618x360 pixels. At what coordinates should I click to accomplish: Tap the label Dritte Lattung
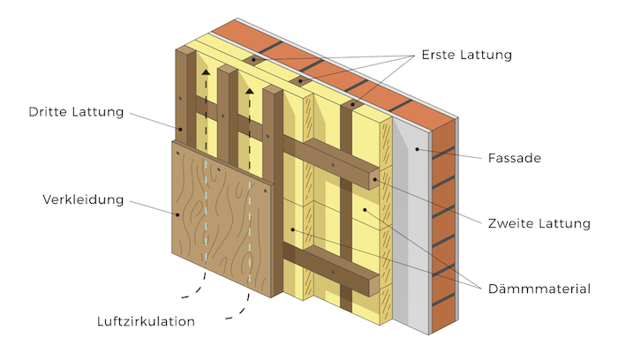76,112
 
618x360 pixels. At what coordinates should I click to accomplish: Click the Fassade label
515,159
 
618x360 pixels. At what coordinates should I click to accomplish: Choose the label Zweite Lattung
539,224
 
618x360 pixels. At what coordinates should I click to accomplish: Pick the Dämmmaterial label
538,288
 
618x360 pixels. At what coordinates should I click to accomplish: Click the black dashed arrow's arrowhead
205,74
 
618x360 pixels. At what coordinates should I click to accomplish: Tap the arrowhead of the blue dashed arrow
250,88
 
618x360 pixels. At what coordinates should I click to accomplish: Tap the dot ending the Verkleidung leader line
175,214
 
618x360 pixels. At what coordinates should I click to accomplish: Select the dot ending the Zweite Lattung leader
374,180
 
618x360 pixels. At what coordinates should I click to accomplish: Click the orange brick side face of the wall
443,229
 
